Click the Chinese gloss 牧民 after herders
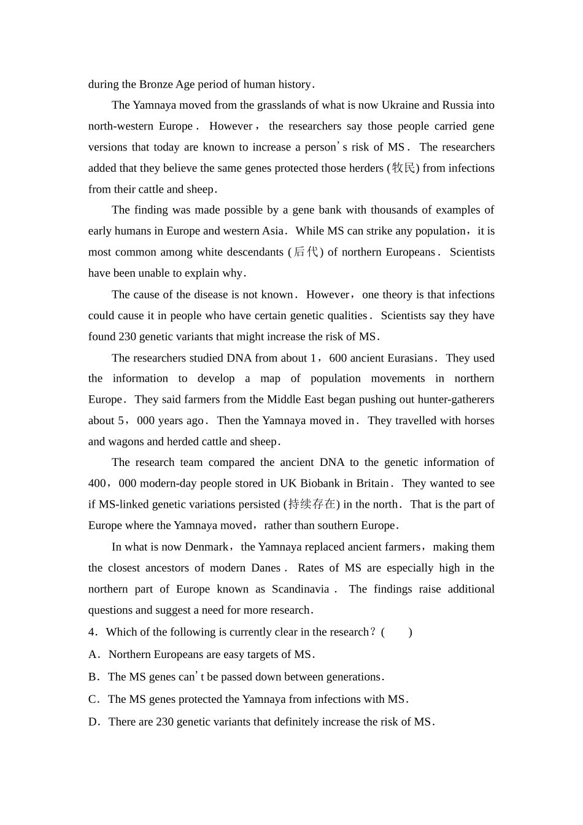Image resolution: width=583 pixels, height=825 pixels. (404, 168)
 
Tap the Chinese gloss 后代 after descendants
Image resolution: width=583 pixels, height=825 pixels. (306, 252)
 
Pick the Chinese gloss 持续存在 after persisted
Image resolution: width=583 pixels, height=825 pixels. (312, 505)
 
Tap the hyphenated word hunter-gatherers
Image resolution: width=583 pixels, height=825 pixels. (456, 400)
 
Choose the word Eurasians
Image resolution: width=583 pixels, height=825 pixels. (406, 358)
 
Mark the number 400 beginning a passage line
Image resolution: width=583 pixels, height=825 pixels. (97, 484)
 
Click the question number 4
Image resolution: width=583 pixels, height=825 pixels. (91, 632)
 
